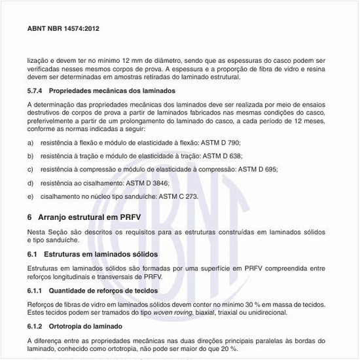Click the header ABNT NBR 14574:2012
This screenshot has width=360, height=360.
point(63,29)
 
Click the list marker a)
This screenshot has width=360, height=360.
point(31,142)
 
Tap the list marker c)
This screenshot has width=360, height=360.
point(31,169)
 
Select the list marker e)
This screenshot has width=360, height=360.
point(31,196)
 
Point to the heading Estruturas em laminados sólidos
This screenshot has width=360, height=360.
point(101,253)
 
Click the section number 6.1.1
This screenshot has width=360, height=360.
point(36,290)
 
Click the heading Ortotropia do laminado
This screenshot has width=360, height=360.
point(86,326)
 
